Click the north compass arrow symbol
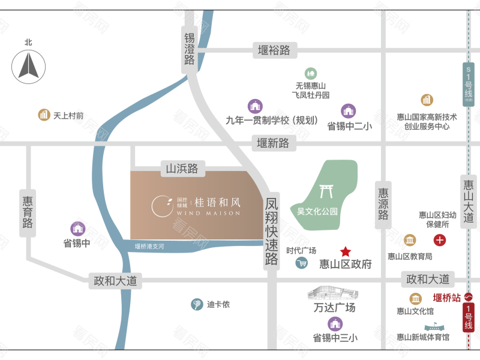pyautogui.click(x=28, y=65)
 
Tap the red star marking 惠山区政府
pyautogui.click(x=346, y=251)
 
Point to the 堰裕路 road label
pyautogui.click(x=274, y=50)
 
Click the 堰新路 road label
pyautogui.click(x=273, y=143)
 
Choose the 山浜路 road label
pyautogui.click(x=182, y=169)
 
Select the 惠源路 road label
pyautogui.click(x=383, y=204)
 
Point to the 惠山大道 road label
pyautogui.click(x=469, y=200)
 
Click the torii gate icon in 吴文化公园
pyautogui.click(x=326, y=191)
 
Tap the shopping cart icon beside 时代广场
pyautogui.click(x=302, y=263)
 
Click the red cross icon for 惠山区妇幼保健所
pyautogui.click(x=440, y=241)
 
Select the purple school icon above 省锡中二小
pyautogui.click(x=349, y=110)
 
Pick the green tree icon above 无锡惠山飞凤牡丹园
pyautogui.click(x=310, y=73)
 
